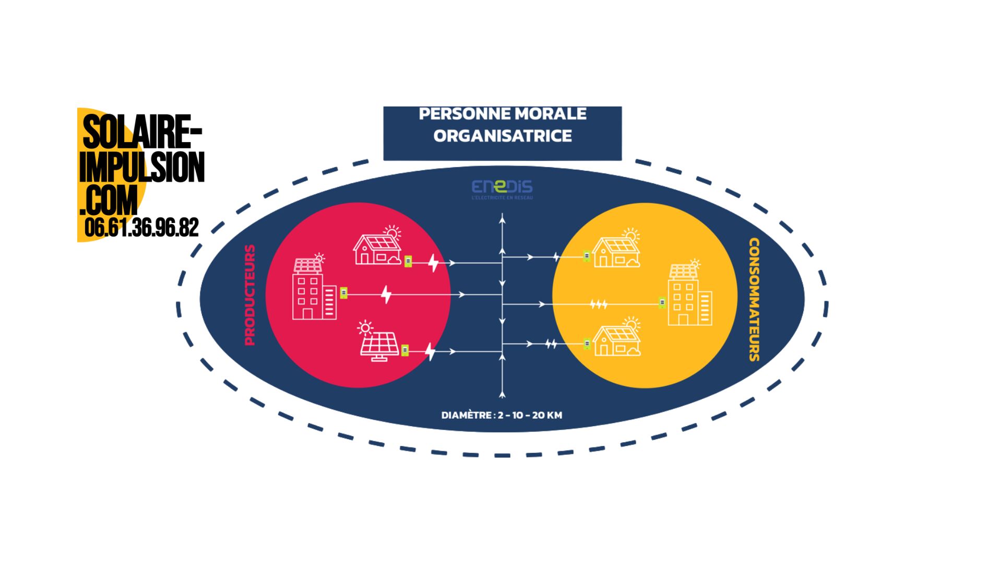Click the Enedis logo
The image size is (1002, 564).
pyautogui.click(x=502, y=189)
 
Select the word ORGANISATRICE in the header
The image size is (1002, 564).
pyautogui.click(x=503, y=136)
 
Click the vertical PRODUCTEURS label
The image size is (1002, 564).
pyautogui.click(x=250, y=295)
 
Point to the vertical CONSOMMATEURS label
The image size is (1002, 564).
pyautogui.click(x=754, y=300)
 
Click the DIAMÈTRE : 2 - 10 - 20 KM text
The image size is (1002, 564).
pyautogui.click(x=502, y=416)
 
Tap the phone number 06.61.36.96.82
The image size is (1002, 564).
pyautogui.click(x=141, y=228)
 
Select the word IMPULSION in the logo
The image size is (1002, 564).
pyautogui.click(x=142, y=167)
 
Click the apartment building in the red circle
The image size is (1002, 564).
pyautogui.click(x=313, y=290)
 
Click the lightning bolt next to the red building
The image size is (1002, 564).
pyautogui.click(x=386, y=295)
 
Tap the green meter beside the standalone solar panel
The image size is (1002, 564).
pyautogui.click(x=404, y=350)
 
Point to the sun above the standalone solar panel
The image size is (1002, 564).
pyautogui.click(x=365, y=328)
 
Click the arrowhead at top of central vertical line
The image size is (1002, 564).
pyautogui.click(x=502, y=219)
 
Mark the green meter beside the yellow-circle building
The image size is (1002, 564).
pyautogui.click(x=662, y=302)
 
